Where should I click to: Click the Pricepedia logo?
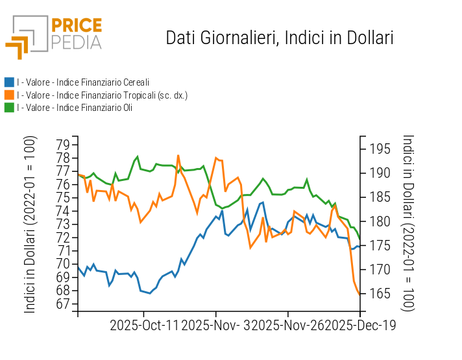tap(54, 34)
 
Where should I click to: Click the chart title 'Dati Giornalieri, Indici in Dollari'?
tap(280, 38)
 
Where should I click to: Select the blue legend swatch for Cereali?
tap(9, 82)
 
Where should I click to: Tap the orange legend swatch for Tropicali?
tap(9, 95)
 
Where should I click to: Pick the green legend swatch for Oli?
tap(9, 107)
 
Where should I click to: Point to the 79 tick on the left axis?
tap(62, 143)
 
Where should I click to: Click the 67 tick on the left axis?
tap(62, 304)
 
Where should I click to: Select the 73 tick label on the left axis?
tap(62, 224)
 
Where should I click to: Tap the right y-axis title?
tap(408, 223)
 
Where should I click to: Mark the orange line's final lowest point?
tap(359, 294)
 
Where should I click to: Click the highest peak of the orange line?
tap(178, 156)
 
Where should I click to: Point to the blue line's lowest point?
tap(150, 293)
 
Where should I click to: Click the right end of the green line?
tap(359, 239)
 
